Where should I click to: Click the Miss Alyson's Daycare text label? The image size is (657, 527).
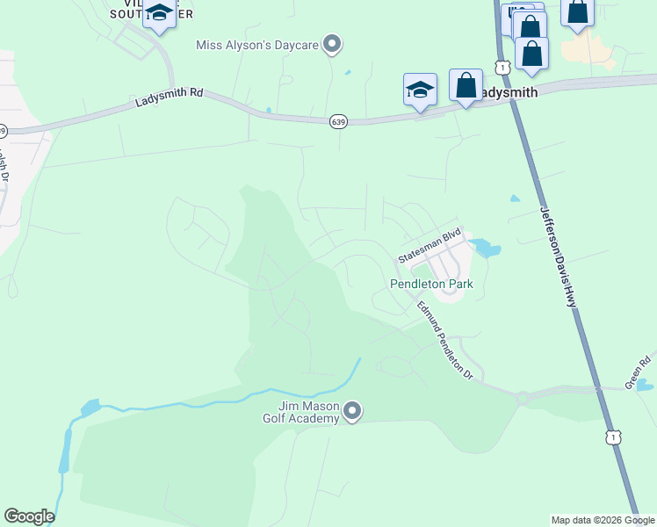256,44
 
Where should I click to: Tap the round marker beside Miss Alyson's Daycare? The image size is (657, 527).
332,43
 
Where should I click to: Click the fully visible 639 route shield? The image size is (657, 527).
338,121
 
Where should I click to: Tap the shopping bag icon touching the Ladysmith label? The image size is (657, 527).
466,86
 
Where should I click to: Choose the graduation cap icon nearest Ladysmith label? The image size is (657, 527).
420,90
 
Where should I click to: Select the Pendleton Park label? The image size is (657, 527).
431,284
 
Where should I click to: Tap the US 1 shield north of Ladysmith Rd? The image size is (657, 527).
501,67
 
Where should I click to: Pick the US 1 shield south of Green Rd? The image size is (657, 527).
613,437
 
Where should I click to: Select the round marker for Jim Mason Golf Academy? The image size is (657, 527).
352,411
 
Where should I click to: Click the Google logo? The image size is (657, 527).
29,516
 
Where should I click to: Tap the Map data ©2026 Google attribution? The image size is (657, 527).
603,520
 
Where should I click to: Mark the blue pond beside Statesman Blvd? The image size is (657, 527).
486,249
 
